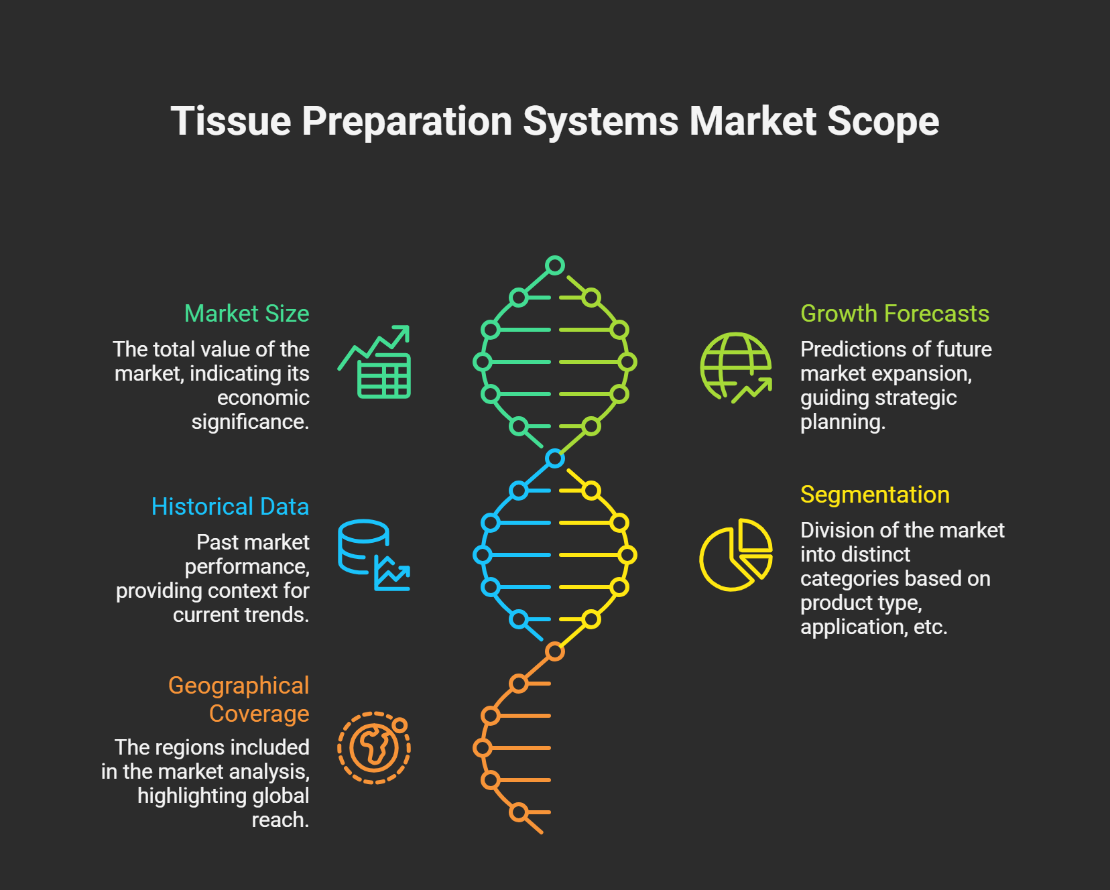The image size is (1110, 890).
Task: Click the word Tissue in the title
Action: (x=231, y=121)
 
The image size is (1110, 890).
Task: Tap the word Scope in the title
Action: (x=882, y=121)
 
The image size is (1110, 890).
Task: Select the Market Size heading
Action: (x=247, y=314)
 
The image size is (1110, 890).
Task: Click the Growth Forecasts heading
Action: (x=894, y=314)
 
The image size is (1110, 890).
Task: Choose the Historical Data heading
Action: (x=230, y=507)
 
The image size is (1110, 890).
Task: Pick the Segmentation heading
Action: (x=875, y=495)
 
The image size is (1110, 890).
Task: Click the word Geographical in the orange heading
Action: (x=239, y=686)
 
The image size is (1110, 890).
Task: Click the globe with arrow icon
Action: (x=736, y=367)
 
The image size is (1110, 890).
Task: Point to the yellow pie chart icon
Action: (x=735, y=555)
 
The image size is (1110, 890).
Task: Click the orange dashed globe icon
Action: (x=374, y=748)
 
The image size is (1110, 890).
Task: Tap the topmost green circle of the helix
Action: (x=555, y=265)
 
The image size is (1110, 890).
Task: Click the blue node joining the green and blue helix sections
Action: (x=555, y=458)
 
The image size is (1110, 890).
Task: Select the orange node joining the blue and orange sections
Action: (x=555, y=651)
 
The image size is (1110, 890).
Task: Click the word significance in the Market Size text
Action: (x=249, y=422)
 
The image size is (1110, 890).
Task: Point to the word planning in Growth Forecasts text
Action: (x=842, y=422)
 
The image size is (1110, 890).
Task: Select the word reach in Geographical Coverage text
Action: (x=280, y=820)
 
